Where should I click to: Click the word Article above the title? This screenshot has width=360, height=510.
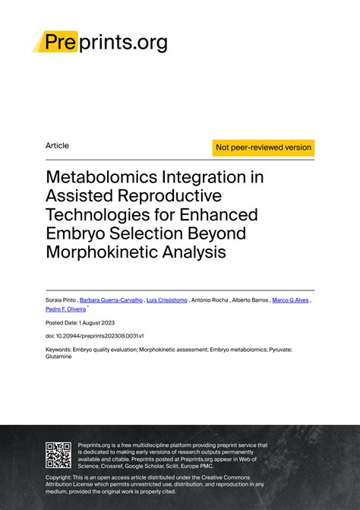(57, 145)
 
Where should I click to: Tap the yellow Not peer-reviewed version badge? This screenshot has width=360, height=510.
(264, 147)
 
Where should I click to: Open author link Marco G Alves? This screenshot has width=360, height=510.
(291, 300)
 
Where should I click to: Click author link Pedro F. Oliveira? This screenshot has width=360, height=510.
(66, 310)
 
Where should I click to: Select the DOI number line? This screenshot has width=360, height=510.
(84, 335)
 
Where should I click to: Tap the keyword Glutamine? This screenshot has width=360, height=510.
(59, 356)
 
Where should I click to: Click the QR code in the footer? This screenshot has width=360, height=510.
(58, 455)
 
